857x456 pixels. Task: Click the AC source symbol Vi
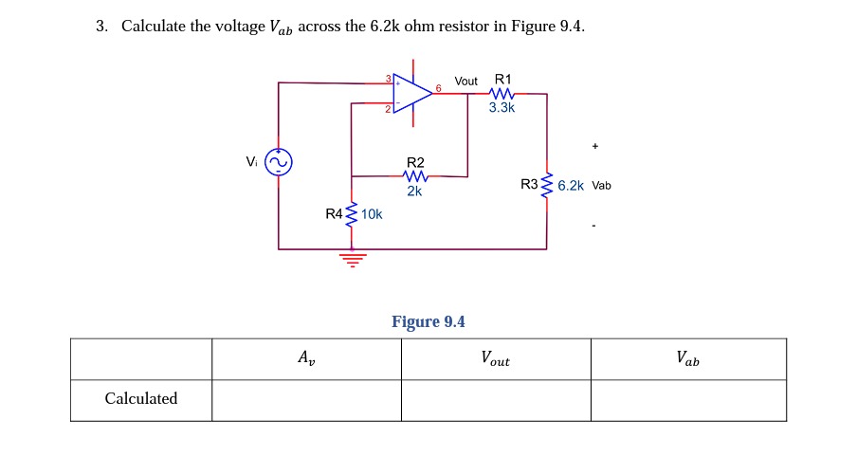(x=278, y=163)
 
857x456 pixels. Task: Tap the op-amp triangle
(x=410, y=93)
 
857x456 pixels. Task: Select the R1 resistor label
(x=502, y=80)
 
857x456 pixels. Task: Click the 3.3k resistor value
(x=502, y=108)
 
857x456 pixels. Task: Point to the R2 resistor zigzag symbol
(x=415, y=176)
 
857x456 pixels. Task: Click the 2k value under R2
(x=414, y=191)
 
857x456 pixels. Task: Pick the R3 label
(x=529, y=185)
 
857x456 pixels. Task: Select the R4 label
(x=334, y=214)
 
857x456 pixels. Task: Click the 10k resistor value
(x=372, y=214)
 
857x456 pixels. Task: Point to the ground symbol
(x=353, y=258)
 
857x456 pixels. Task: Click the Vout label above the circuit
(x=465, y=82)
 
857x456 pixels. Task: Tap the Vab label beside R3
(x=602, y=186)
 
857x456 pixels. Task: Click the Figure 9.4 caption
(x=428, y=322)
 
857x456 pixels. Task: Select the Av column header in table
(x=306, y=358)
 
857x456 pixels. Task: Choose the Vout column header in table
(x=495, y=359)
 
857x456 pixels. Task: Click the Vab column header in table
(x=688, y=358)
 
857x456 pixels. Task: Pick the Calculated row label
(x=141, y=399)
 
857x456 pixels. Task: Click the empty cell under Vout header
(x=495, y=400)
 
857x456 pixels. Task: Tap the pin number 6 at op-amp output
(x=438, y=88)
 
